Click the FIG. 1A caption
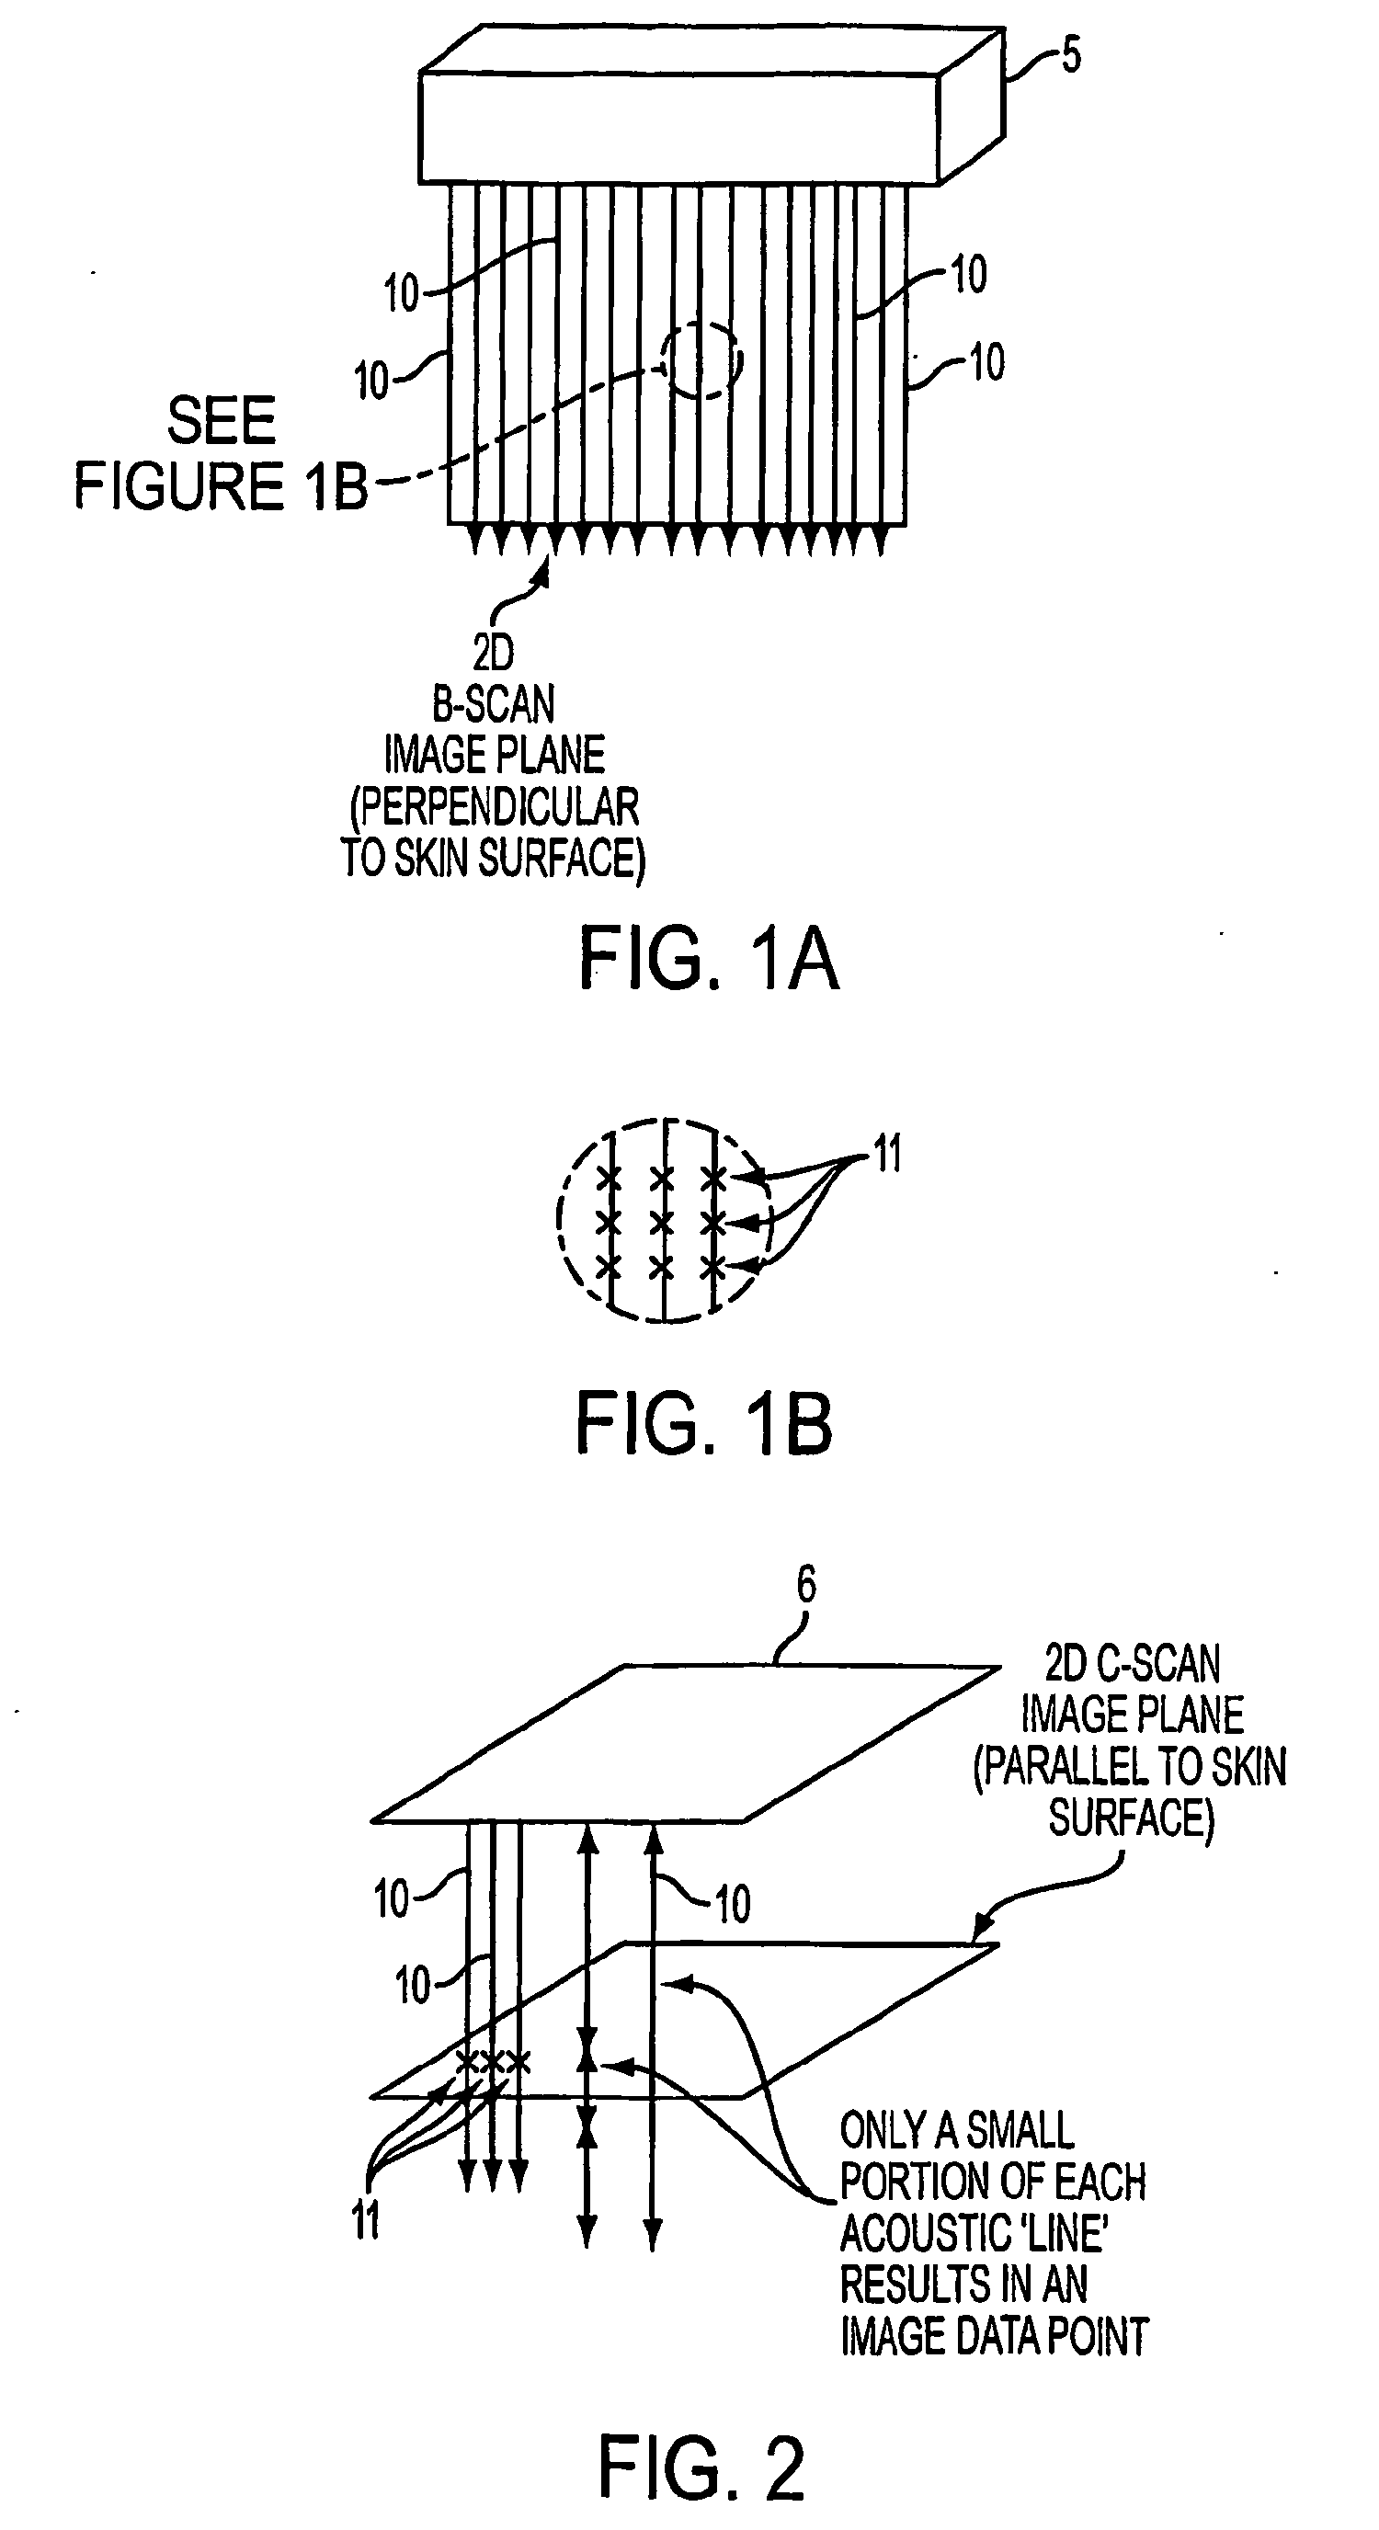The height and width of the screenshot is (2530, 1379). pyautogui.click(x=708, y=960)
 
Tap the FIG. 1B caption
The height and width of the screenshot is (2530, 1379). pyautogui.click(x=704, y=1424)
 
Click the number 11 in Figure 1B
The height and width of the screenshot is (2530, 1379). pyautogui.click(x=887, y=1153)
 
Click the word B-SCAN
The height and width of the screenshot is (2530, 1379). pyautogui.click(x=494, y=704)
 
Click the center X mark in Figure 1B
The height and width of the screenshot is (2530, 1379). pyautogui.click(x=663, y=1223)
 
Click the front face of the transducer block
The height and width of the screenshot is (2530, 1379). pyautogui.click(x=678, y=129)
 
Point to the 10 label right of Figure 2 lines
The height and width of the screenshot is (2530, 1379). pyautogui.click(x=732, y=1904)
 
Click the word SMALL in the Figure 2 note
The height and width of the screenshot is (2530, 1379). pyautogui.click(x=1020, y=2130)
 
